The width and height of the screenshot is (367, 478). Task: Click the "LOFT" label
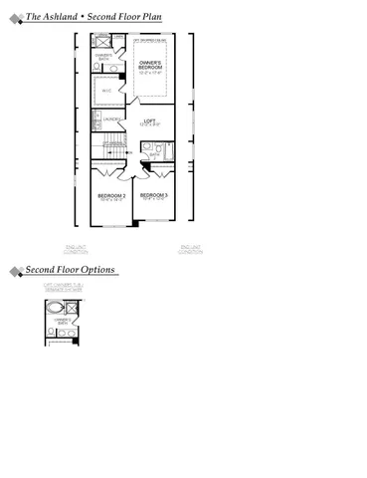coord(150,122)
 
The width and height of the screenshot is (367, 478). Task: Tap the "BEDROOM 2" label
coord(111,197)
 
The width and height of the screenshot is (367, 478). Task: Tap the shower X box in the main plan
coord(103,46)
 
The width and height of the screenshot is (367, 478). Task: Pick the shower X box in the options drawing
coord(74,306)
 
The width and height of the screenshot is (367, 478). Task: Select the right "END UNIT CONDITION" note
coord(190,248)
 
